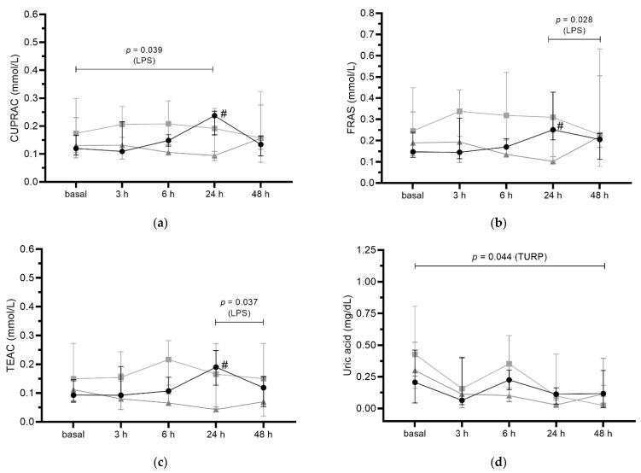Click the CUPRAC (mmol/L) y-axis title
[15, 98]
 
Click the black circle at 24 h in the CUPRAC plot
[213, 115]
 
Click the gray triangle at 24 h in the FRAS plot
[553, 161]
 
